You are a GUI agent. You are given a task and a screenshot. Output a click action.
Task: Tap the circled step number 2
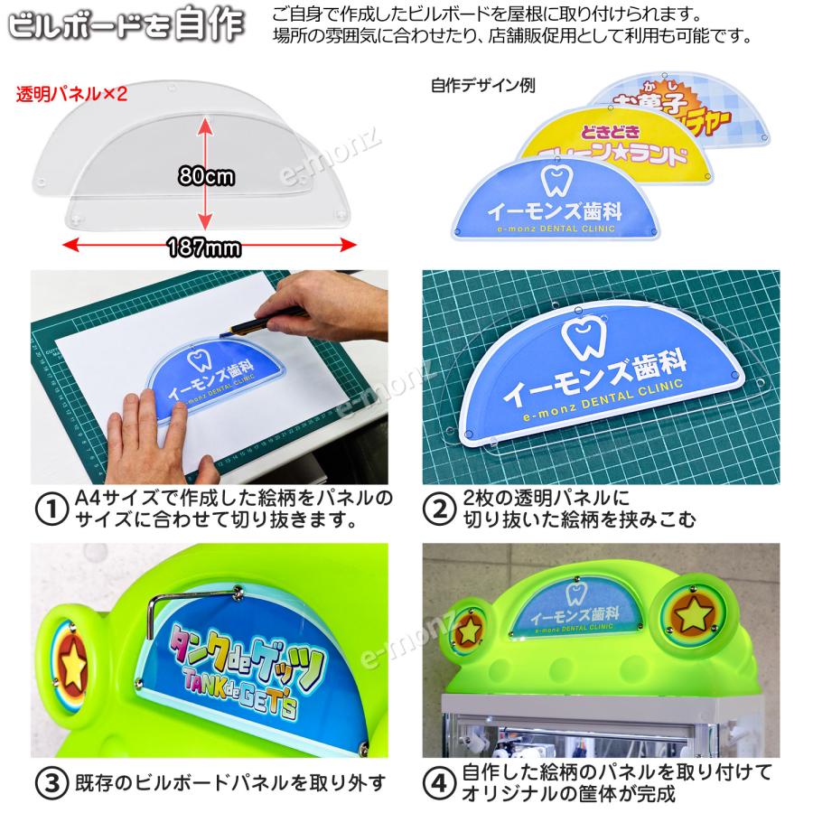pos(439,509)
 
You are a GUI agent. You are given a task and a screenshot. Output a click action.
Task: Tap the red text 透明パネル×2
pos(72,93)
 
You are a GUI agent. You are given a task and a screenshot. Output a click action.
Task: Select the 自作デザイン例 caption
pos(483,87)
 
